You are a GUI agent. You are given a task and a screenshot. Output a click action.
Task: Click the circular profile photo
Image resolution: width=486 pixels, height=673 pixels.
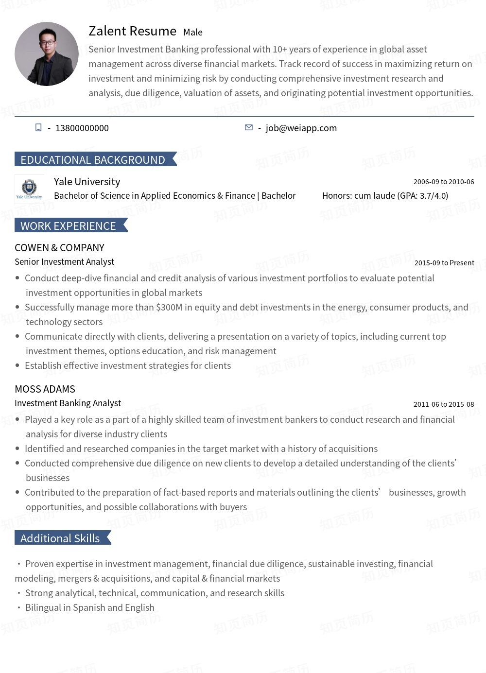pos(47,54)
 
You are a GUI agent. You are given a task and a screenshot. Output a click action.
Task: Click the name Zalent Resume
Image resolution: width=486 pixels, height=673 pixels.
pos(132,31)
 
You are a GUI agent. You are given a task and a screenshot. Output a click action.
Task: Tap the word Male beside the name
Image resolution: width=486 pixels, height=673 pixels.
pos(193,33)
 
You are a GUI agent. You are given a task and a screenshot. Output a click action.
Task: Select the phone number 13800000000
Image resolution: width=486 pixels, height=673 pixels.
pos(82,128)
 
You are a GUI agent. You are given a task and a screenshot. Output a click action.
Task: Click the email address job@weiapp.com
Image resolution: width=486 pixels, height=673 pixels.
pos(301,128)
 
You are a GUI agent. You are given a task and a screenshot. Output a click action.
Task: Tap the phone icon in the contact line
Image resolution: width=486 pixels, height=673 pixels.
pos(38,127)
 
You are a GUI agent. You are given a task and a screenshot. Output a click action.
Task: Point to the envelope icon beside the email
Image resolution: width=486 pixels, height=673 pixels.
pos(249,127)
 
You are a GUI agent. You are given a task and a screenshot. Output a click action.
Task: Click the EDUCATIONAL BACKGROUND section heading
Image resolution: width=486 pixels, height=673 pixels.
pos(93,160)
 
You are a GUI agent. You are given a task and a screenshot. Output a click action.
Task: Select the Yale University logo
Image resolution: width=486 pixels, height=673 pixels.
pos(29,189)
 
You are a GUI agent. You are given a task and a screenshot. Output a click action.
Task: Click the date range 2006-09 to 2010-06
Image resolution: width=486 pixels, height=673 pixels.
pos(443,182)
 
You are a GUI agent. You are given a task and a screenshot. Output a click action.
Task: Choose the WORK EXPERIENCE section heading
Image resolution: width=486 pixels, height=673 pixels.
pos(68,226)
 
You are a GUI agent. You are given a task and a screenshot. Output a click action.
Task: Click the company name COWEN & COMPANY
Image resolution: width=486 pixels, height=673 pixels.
pos(59,248)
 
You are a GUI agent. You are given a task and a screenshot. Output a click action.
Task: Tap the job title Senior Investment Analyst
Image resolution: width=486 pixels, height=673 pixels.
pos(64,262)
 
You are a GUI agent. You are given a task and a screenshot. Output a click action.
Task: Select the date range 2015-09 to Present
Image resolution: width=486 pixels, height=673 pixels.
pos(444,263)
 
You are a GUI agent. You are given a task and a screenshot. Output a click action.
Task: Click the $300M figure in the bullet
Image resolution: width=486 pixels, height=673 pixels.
pos(169,308)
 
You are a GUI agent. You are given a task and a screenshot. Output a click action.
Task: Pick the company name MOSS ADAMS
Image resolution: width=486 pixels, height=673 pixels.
pos(45,389)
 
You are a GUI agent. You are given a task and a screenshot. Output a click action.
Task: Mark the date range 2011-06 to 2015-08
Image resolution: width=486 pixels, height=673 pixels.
pos(443,404)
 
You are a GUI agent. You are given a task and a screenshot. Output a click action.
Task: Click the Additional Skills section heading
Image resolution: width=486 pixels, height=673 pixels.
pos(60,538)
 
